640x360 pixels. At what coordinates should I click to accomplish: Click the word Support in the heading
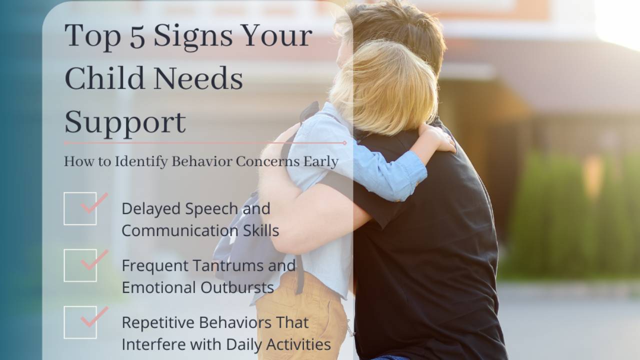(125, 122)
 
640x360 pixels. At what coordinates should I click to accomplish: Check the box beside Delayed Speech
(80, 208)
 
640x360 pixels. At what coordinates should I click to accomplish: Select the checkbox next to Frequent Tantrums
(80, 265)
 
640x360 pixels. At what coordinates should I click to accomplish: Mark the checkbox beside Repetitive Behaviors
(80, 322)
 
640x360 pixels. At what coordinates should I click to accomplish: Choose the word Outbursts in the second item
(237, 287)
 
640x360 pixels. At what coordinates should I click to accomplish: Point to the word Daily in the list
(243, 344)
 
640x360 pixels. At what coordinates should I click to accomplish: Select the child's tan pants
(300, 320)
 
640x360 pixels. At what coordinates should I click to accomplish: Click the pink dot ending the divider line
(344, 142)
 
